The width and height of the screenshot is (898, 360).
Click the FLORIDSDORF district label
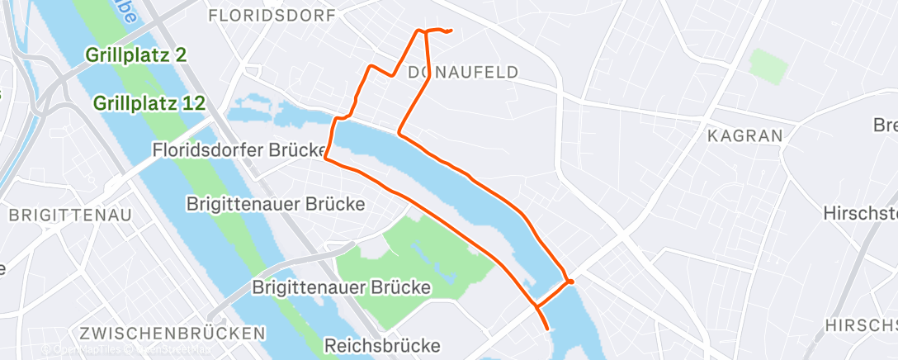272,16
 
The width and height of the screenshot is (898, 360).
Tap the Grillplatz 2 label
135,56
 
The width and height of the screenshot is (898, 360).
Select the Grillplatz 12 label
149,104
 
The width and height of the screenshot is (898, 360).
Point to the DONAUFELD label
463,73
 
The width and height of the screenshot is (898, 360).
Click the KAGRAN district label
745,135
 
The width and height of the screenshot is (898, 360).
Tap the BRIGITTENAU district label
69,216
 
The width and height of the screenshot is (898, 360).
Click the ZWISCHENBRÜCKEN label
173,333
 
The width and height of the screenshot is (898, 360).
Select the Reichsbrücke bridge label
383,345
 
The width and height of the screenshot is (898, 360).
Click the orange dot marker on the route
570,282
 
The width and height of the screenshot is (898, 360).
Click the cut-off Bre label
885,126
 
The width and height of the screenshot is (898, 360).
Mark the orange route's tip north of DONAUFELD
451,31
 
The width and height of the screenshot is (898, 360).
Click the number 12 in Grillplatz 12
190,104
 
